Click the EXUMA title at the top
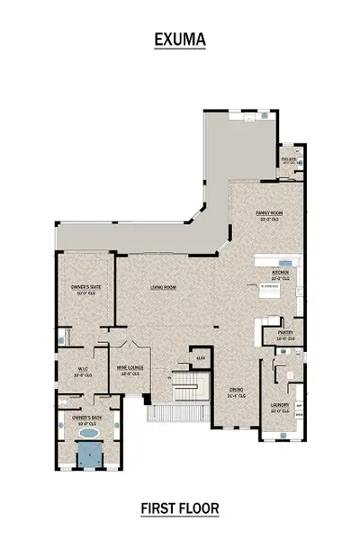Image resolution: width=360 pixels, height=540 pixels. click(x=179, y=40)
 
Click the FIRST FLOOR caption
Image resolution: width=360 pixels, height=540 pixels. click(x=179, y=508)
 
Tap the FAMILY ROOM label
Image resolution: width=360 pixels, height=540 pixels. click(x=270, y=213)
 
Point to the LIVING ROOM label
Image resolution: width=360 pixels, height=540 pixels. click(x=163, y=288)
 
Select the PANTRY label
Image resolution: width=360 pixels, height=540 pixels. click(x=285, y=334)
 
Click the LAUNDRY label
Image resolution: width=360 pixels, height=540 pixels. click(x=280, y=407)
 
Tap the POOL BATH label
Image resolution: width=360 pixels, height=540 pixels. click(x=289, y=158)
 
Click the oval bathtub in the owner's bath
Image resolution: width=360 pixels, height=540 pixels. click(x=88, y=434)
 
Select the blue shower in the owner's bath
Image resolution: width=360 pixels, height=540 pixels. click(x=88, y=456)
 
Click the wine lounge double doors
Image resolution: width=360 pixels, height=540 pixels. click(x=125, y=346)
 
